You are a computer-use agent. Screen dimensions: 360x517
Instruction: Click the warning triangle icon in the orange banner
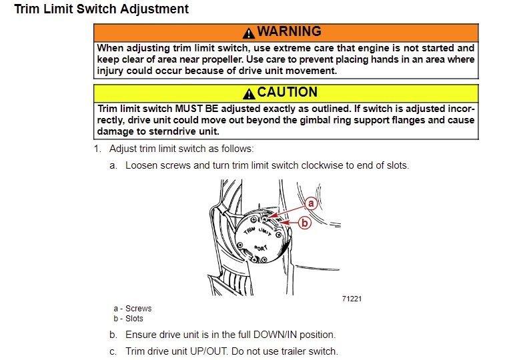tap(249, 33)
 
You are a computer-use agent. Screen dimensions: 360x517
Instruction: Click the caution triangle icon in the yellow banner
tap(249, 93)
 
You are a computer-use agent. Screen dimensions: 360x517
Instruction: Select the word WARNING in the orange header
tap(289, 32)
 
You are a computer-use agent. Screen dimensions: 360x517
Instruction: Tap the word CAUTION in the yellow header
tap(288, 93)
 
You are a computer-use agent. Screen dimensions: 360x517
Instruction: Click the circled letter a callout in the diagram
tap(310, 203)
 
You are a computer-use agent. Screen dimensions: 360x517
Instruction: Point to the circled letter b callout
tap(304, 223)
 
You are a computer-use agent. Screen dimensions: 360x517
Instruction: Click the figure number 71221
tap(352, 299)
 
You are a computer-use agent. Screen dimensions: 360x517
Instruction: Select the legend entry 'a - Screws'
tap(133, 309)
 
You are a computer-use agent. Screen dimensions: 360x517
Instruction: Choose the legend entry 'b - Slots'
tap(129, 319)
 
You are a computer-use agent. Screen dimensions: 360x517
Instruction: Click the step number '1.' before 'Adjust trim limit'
tap(97, 149)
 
